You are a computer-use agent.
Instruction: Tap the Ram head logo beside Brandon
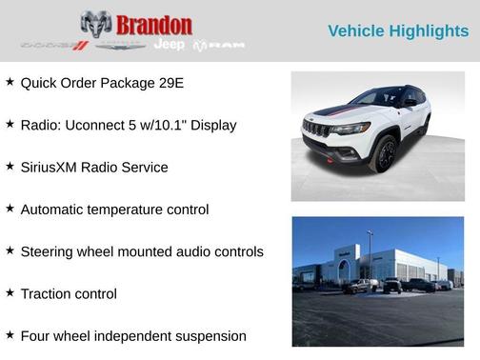(96, 24)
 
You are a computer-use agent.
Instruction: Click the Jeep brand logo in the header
(170, 45)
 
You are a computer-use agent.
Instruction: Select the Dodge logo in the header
(54, 45)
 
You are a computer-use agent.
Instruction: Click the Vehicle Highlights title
(398, 31)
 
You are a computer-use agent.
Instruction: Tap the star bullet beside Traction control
(10, 293)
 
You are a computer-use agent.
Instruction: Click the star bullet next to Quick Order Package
(10, 82)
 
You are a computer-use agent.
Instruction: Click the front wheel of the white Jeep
(385, 154)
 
